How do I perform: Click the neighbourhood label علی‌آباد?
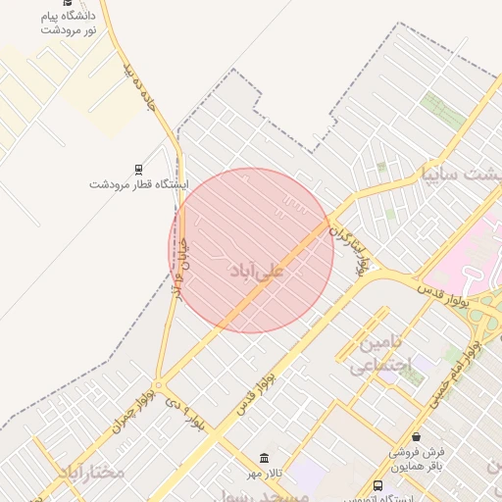coord(256,271)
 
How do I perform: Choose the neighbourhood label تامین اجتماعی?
coord(378,356)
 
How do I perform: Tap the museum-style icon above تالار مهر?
coord(264,458)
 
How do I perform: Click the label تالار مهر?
coord(264,474)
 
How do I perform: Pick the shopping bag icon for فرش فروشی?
coord(417,436)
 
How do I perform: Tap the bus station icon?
coord(379,486)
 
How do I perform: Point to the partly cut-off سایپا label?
coord(459,176)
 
